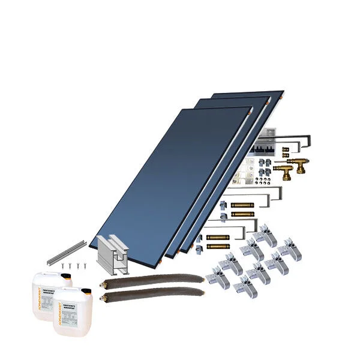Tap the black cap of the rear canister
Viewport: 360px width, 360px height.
[x=68, y=277]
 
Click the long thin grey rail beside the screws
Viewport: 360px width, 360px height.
[x=65, y=253]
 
